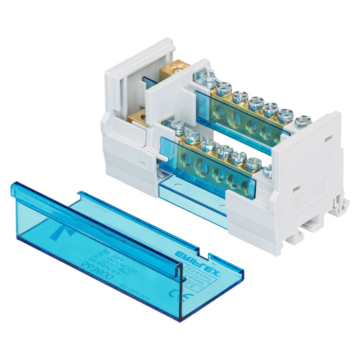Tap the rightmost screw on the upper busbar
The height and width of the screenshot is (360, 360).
303,121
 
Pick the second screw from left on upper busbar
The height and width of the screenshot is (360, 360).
224,88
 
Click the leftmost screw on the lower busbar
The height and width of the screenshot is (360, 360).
177,125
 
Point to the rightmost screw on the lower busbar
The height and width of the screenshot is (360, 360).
267,169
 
